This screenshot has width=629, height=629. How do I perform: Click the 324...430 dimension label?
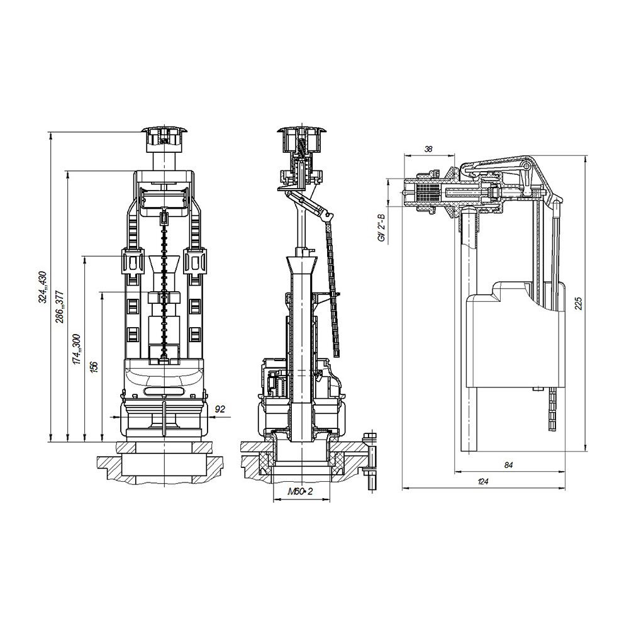[43, 287]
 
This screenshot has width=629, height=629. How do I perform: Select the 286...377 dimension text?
[60, 307]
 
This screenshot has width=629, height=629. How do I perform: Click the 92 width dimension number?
[220, 409]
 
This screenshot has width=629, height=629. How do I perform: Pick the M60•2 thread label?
[300, 491]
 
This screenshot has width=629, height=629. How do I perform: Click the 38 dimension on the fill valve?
[428, 149]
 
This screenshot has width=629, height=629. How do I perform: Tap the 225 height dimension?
[578, 304]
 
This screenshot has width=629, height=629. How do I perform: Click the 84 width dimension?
[509, 465]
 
